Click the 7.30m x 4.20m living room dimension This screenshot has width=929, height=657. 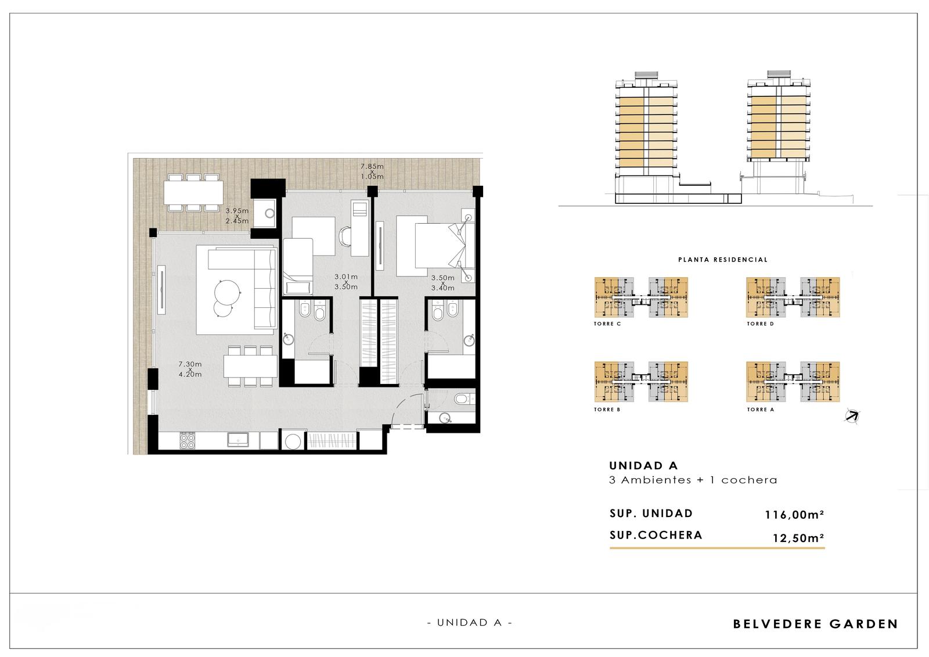pyautogui.click(x=190, y=369)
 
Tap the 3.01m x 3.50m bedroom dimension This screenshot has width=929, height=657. pyautogui.click(x=346, y=282)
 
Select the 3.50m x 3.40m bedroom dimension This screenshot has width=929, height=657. pyautogui.click(x=442, y=283)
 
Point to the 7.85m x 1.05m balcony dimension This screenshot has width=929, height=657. pyautogui.click(x=372, y=171)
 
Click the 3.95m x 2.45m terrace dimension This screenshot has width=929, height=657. pyautogui.click(x=237, y=216)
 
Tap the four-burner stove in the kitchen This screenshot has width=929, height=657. pyautogui.click(x=187, y=441)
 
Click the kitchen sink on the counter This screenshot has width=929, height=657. pyautogui.click(x=238, y=440)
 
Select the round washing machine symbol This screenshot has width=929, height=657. pyautogui.click(x=294, y=441)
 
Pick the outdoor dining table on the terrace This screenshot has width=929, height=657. pyautogui.click(x=193, y=193)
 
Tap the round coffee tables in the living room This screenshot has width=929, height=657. pyautogui.click(x=226, y=297)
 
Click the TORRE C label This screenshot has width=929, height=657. pyautogui.click(x=607, y=324)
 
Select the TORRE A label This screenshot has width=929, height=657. pyautogui.click(x=760, y=409)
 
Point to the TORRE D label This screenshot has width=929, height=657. pyautogui.click(x=760, y=324)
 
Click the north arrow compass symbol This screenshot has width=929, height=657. pyautogui.click(x=852, y=416)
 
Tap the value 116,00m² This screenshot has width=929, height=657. pyautogui.click(x=794, y=515)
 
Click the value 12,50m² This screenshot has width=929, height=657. pyautogui.click(x=798, y=538)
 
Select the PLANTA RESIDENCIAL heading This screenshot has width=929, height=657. pyautogui.click(x=723, y=260)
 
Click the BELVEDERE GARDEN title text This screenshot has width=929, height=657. pyautogui.click(x=815, y=624)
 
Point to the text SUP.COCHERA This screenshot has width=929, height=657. pyautogui.click(x=656, y=535)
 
